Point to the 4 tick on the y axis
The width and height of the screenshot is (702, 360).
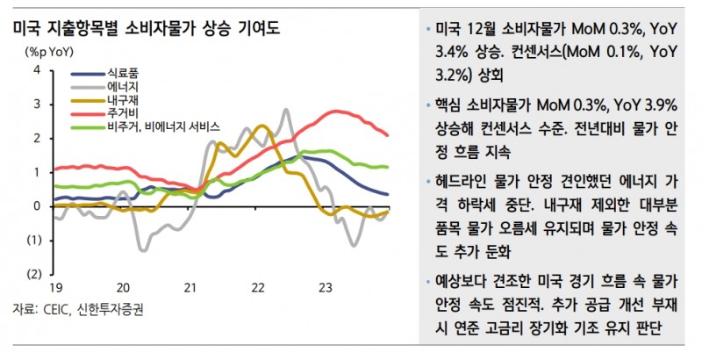tap(37, 70)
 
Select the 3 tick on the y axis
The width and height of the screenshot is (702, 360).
tap(37, 104)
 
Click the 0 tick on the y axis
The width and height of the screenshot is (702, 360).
tap(37, 206)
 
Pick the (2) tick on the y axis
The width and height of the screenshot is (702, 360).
tap(34, 274)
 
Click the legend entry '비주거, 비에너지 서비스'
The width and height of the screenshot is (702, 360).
tap(162, 127)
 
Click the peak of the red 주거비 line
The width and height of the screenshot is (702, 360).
tap(335, 112)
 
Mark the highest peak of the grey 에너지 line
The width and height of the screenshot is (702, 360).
tap(287, 110)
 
